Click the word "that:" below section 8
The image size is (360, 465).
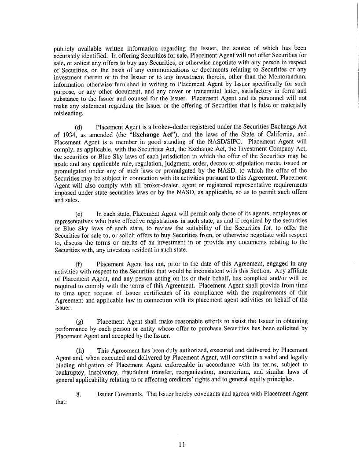60,401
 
